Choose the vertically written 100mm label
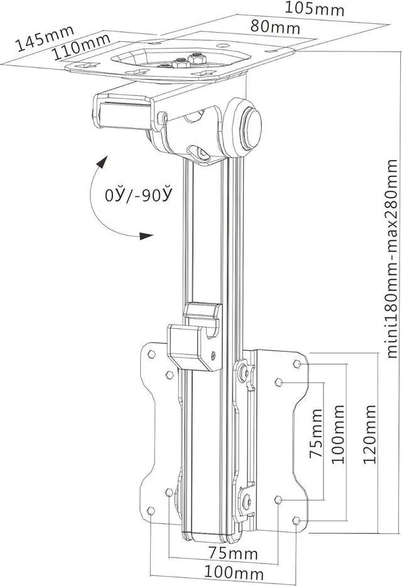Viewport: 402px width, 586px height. [339, 433]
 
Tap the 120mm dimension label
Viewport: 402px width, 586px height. [370, 434]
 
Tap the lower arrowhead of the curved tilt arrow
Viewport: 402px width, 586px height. [146, 237]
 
